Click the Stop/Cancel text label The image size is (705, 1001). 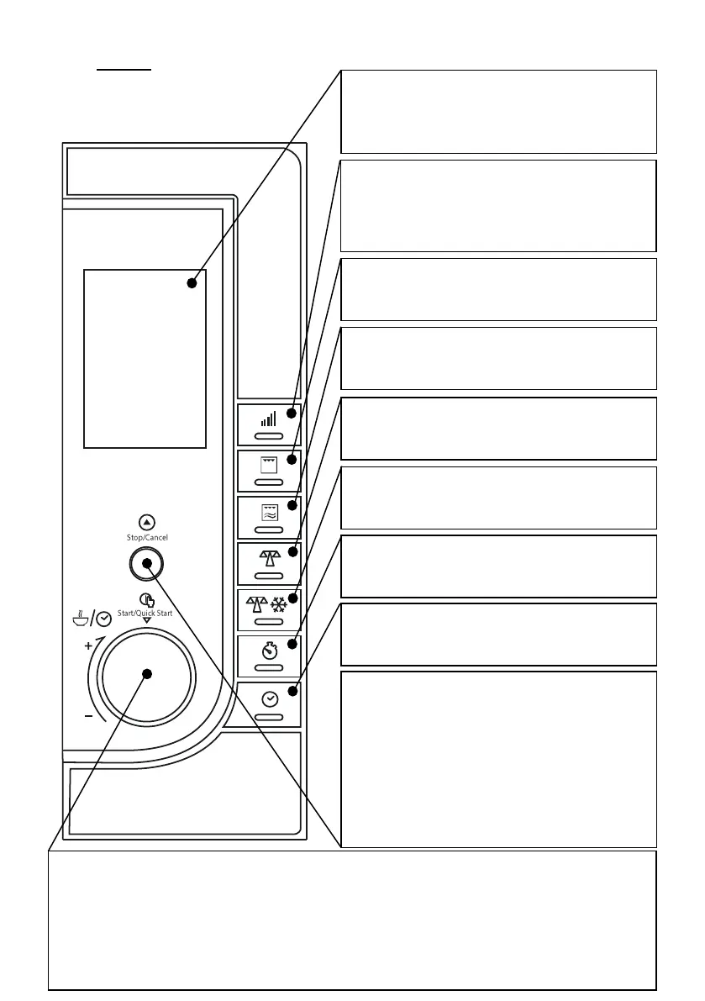(x=147, y=536)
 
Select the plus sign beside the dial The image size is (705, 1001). (x=87, y=647)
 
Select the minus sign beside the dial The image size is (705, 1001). (x=87, y=716)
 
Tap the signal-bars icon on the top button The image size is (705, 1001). (x=269, y=418)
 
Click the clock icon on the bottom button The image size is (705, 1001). (x=269, y=698)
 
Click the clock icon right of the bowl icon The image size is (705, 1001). (x=103, y=619)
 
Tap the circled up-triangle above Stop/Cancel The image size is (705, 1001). (x=147, y=522)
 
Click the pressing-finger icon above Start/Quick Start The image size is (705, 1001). (x=147, y=600)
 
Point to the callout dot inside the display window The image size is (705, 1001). (x=192, y=283)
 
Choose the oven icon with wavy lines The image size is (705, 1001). (x=269, y=511)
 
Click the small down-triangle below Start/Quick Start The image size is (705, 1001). (x=147, y=622)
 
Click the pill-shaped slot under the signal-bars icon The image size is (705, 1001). (x=269, y=437)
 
